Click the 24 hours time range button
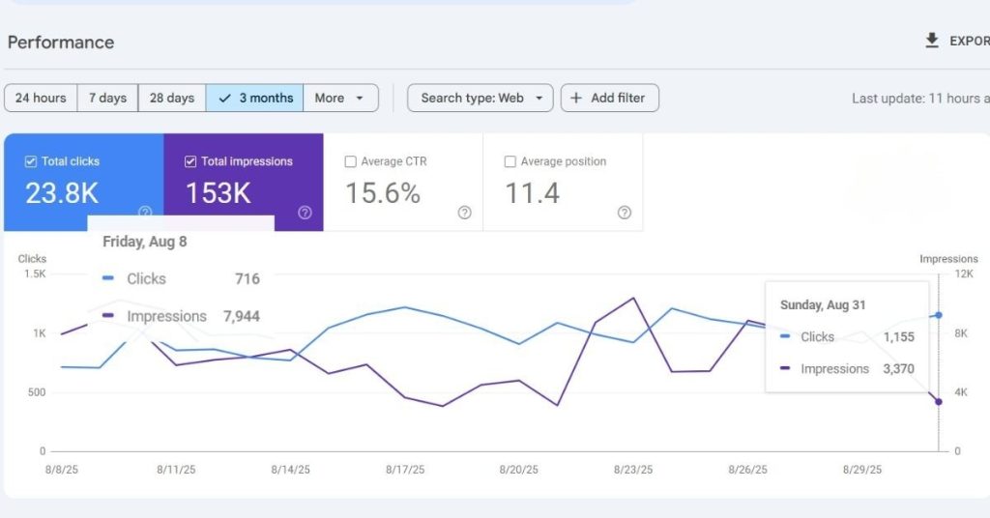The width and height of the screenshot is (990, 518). [41, 98]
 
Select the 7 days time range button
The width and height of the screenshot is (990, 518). [107, 98]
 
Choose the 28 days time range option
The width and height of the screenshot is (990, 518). [172, 98]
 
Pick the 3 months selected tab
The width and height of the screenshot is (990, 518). [255, 98]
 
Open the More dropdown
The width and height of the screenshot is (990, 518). [339, 98]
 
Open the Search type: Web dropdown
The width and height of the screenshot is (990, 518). [480, 98]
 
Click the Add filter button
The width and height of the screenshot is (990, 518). [609, 98]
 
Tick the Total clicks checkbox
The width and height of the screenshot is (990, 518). [31, 161]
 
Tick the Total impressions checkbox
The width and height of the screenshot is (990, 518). [190, 161]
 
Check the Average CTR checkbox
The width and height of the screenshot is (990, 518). [350, 161]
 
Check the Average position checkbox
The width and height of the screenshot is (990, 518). [510, 161]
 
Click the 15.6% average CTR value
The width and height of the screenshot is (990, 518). [383, 193]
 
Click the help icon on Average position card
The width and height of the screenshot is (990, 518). [624, 213]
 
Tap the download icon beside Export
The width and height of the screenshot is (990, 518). [932, 41]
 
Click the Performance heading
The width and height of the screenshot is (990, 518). [61, 43]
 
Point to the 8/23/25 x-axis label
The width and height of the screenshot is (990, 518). [633, 470]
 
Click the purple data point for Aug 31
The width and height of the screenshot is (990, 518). [938, 402]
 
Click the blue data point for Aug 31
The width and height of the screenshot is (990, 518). [938, 315]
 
